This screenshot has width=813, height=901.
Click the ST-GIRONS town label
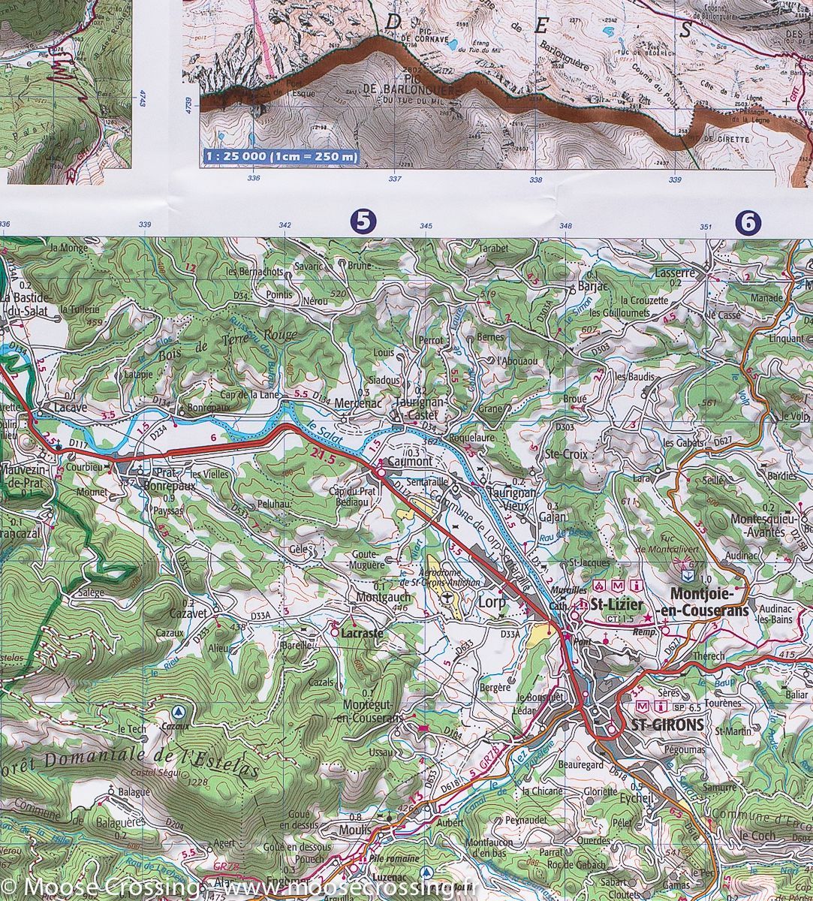point(667,725)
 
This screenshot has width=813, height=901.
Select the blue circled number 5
point(363,221)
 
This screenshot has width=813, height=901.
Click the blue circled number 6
point(748,221)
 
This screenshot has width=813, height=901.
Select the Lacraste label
point(362,633)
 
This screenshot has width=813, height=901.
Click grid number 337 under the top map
point(395,179)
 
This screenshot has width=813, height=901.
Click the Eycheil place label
point(636,799)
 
